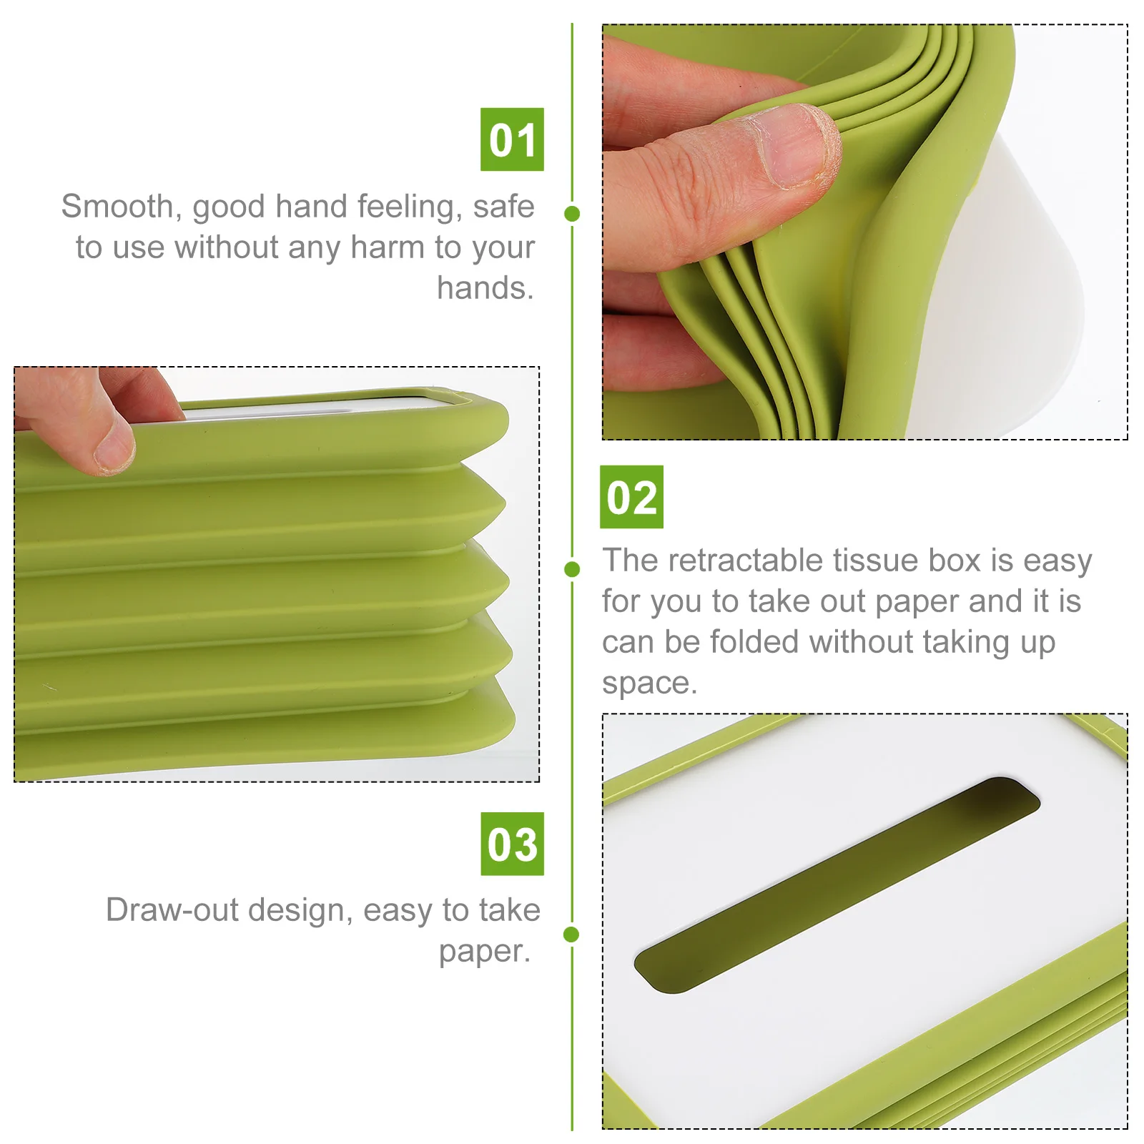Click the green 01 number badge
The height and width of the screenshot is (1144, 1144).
(512, 139)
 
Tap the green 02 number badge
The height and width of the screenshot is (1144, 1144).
(631, 497)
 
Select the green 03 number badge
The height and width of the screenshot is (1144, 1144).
(512, 844)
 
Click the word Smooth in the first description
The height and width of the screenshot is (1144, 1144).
(117, 207)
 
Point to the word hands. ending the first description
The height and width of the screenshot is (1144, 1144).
(485, 288)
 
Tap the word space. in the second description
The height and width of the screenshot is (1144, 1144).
(649, 683)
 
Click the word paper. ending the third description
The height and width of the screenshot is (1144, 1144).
(485, 951)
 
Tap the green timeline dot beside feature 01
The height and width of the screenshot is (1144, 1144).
(572, 213)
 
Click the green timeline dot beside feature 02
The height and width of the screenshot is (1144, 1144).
(572, 569)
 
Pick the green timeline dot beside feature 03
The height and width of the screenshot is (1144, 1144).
(571, 934)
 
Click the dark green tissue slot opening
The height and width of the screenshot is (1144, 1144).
(837, 884)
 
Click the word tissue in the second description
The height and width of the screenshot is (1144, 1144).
(877, 561)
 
